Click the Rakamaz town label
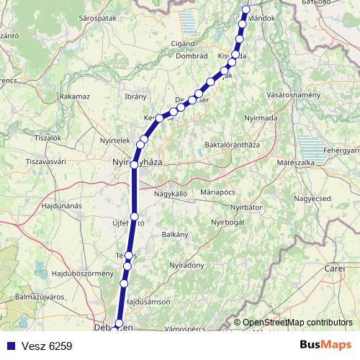[x=75, y=95]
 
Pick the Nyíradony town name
[x=186, y=266]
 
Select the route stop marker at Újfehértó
[x=134, y=216]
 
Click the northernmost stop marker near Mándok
[x=246, y=9]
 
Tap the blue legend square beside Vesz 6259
[x=9, y=346]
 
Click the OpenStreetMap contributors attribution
[x=297, y=323]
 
